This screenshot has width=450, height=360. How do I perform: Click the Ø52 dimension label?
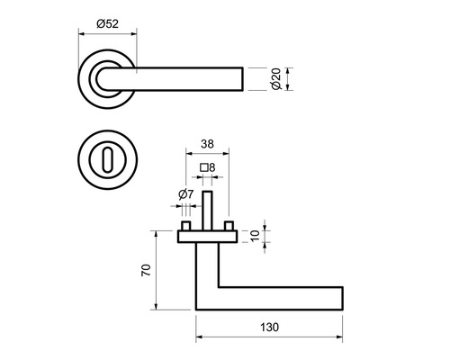[x=108, y=23]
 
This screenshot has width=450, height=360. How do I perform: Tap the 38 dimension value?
[x=207, y=144]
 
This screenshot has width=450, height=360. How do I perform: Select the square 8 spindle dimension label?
[x=208, y=167]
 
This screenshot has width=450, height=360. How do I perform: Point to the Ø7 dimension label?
[x=186, y=194]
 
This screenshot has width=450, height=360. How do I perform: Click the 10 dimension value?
[x=255, y=236]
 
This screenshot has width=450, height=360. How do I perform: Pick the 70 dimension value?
[x=146, y=270]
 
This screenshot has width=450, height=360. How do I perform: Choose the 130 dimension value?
[x=269, y=327]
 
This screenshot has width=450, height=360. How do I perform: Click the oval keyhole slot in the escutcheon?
[x=108, y=160]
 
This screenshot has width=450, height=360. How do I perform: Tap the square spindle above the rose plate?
[x=207, y=211]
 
